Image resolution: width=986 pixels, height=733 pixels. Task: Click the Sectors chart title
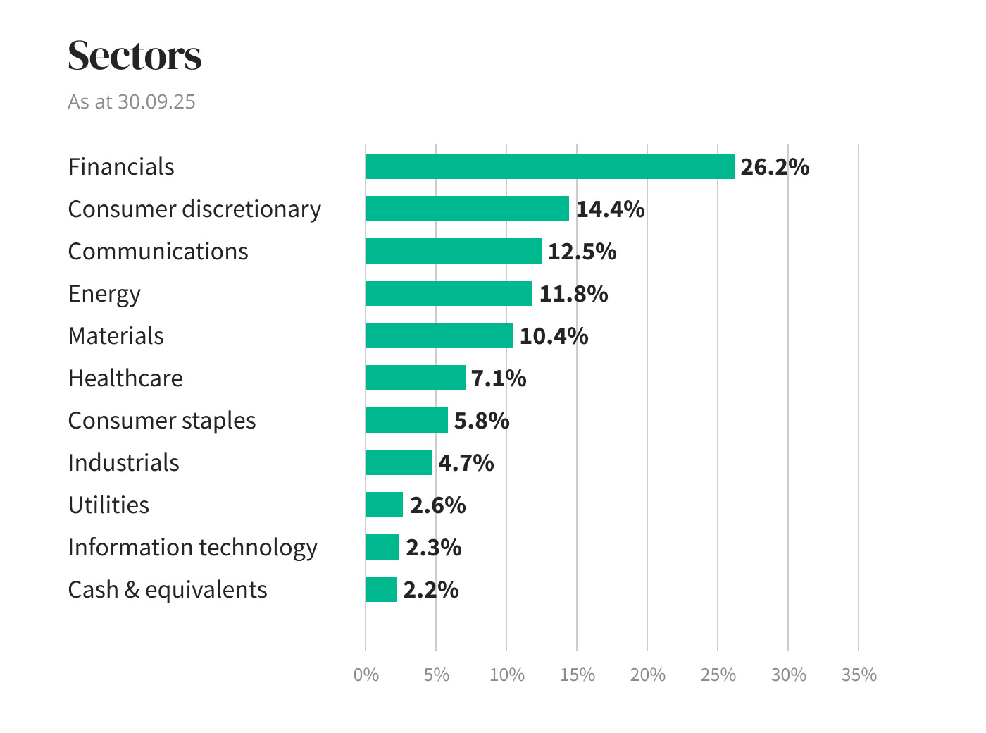(135, 56)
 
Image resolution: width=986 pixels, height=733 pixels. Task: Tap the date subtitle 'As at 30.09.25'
(132, 101)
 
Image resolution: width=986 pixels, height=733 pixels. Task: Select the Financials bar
(550, 166)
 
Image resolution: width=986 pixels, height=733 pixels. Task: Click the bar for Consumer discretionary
(467, 209)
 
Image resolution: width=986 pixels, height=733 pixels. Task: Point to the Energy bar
(449, 293)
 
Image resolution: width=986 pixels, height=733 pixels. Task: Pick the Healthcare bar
(416, 378)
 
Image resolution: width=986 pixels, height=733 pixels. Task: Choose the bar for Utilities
(384, 505)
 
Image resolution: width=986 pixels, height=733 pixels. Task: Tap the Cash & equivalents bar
(381, 589)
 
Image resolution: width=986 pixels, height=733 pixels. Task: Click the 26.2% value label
(774, 167)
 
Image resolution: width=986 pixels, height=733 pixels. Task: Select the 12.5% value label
(582, 252)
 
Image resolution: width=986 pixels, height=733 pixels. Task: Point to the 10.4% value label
(554, 336)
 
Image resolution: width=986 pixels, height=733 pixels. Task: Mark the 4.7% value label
(466, 463)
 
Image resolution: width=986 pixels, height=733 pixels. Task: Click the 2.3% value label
(433, 548)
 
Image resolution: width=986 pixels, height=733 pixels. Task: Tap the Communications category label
(158, 252)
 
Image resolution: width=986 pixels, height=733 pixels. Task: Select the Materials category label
(116, 336)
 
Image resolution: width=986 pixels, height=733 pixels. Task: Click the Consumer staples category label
(161, 421)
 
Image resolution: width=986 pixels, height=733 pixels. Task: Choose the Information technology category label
(192, 548)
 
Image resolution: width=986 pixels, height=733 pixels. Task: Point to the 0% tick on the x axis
(366, 675)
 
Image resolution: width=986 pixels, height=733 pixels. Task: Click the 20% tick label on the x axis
(647, 675)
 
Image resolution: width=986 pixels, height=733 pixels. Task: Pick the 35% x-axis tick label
(859, 675)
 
